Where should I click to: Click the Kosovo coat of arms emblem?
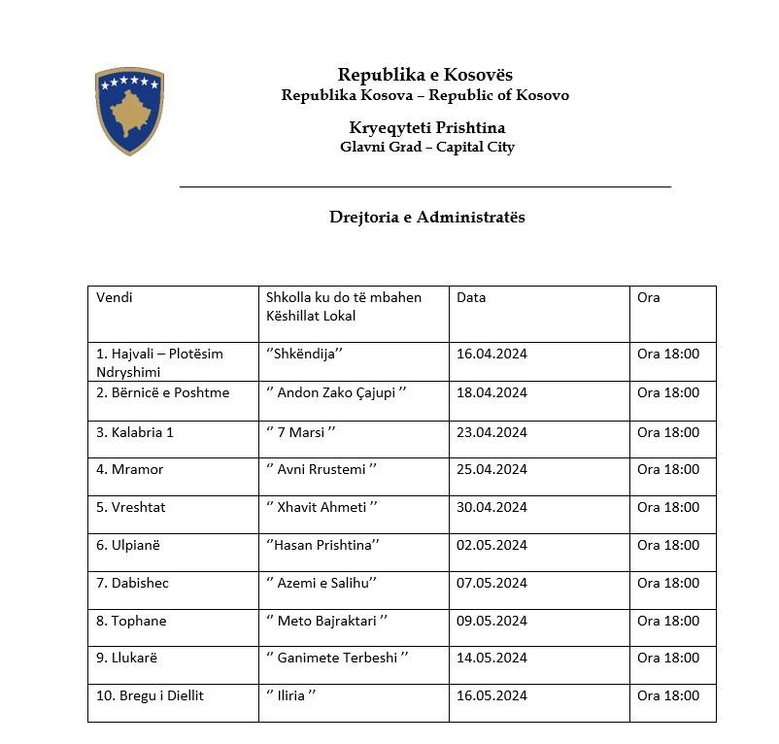click(x=129, y=110)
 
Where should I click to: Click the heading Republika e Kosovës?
click(x=425, y=75)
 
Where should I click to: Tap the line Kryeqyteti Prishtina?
click(x=427, y=128)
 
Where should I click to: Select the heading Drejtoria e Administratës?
click(x=427, y=217)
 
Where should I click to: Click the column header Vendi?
click(x=115, y=297)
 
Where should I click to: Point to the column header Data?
click(x=471, y=297)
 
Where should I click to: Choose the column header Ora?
click(x=649, y=297)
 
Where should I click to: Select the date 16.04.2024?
click(x=491, y=354)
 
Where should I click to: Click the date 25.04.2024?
click(x=491, y=469)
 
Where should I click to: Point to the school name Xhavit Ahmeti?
click(x=321, y=507)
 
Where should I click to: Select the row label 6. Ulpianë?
click(x=128, y=545)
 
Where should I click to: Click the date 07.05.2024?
click(x=491, y=583)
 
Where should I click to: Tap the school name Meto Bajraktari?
click(x=327, y=621)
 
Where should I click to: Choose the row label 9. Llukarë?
click(x=127, y=658)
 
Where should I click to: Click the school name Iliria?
click(x=290, y=695)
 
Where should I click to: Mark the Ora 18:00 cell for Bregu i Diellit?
click(x=668, y=695)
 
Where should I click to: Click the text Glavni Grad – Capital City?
click(x=427, y=148)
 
